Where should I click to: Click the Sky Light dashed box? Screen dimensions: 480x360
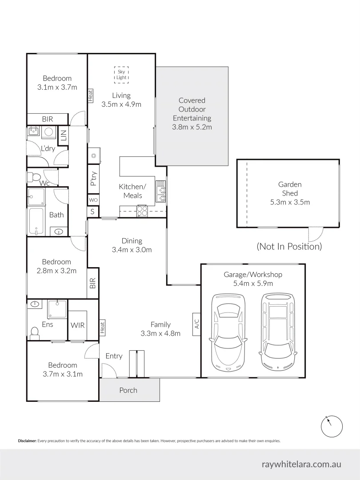[121, 74]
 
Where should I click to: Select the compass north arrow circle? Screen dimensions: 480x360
[332, 426]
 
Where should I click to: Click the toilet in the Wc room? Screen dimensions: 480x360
[32, 177]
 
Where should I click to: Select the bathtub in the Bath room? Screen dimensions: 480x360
[36, 221]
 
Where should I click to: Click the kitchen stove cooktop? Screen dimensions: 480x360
[142, 211]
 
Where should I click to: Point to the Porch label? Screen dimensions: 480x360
[128, 390]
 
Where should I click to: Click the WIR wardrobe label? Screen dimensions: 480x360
[77, 325]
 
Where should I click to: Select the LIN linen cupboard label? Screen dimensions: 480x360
[63, 135]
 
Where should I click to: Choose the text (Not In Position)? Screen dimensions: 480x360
[289, 246]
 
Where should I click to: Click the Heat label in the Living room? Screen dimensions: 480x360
[91, 96]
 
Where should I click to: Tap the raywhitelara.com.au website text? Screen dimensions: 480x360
[301, 464]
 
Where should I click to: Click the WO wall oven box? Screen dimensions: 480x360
[93, 200]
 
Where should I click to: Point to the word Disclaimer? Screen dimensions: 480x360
[27, 441]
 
